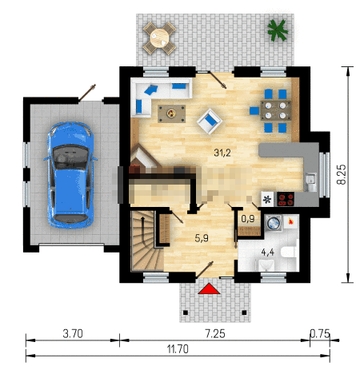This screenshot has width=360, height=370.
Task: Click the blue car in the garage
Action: (x=70, y=175)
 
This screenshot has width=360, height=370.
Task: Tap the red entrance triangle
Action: (x=209, y=288)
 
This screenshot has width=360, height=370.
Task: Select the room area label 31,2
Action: (x=222, y=153)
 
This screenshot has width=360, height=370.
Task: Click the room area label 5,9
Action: (x=202, y=238)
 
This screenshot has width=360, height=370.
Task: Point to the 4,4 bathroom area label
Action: (x=268, y=252)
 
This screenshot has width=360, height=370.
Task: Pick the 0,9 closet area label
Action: (x=248, y=219)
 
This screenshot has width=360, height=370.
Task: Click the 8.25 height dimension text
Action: (x=342, y=174)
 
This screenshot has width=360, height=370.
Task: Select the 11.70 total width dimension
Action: (x=178, y=349)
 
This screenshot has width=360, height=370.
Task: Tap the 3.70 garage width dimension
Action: (x=73, y=333)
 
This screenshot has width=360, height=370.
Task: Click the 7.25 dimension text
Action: (x=215, y=333)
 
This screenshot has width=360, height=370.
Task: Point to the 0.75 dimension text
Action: (x=320, y=333)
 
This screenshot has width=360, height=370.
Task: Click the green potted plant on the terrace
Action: (x=278, y=30)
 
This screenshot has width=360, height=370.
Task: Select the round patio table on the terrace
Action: (x=159, y=38)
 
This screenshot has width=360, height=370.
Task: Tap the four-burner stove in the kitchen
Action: (x=286, y=199)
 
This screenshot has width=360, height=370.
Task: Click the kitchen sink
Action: (x=310, y=181)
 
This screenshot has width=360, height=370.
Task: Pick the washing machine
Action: (x=274, y=223)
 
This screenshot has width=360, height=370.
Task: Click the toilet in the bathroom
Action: (x=289, y=252)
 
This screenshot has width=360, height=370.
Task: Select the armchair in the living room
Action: (x=210, y=121)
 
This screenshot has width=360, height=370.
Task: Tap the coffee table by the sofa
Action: (x=171, y=113)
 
